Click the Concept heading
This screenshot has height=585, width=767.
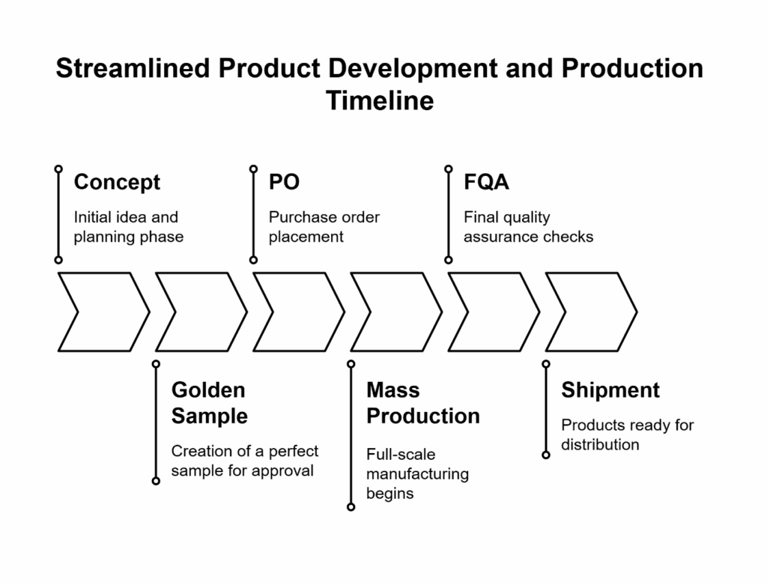coord(117,182)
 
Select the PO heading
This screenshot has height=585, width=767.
coord(284,182)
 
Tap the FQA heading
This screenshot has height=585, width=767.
coord(487,182)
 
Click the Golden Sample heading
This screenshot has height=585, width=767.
coord(209,403)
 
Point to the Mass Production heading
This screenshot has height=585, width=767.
coord(422,403)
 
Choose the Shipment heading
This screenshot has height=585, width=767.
coord(610,390)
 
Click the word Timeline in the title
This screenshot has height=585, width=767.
coord(380,100)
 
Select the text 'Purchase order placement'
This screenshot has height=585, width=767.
coord(324,227)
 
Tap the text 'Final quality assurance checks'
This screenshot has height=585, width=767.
coord(528,227)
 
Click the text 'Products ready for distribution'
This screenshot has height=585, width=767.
coord(627,434)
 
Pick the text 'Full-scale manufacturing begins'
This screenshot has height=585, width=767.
coord(417,473)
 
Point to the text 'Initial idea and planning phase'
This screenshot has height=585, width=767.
coord(128,227)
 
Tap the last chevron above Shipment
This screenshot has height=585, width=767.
coord(590,312)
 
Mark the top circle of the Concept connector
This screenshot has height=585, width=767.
coord(58,169)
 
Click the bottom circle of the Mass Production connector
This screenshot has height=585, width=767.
coord(351,507)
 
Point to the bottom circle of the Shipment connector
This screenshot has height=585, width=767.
coord(546,455)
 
